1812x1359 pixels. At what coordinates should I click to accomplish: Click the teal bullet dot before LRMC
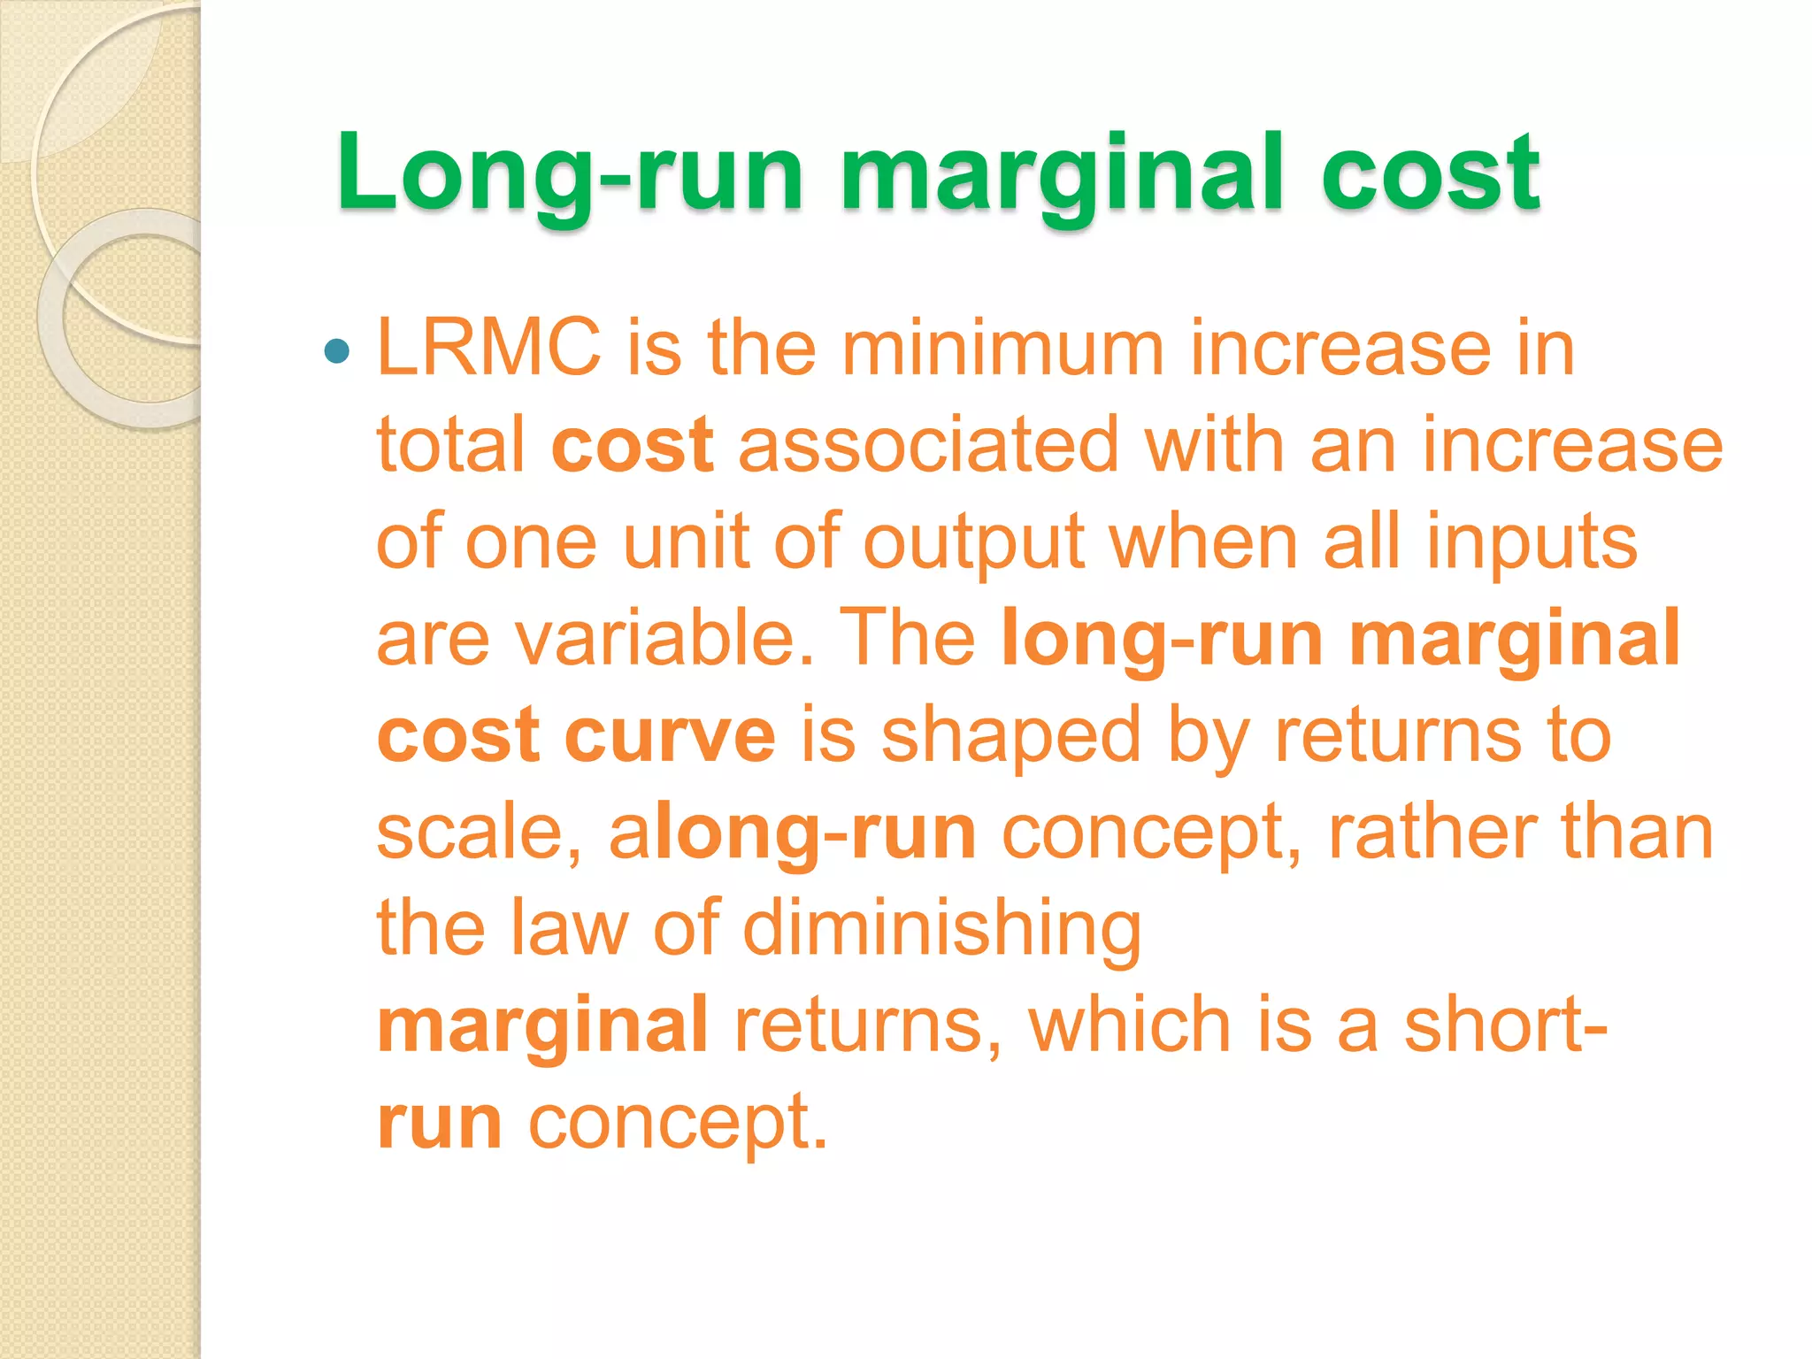(x=337, y=352)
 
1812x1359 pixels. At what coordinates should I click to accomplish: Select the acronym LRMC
(x=489, y=347)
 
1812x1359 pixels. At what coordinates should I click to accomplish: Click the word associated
(x=929, y=444)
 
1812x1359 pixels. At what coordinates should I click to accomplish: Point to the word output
(x=974, y=541)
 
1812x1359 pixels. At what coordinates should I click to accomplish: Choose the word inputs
(x=1532, y=541)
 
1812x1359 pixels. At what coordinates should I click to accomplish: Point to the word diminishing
(x=942, y=929)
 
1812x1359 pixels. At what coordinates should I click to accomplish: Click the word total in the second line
(x=450, y=444)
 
